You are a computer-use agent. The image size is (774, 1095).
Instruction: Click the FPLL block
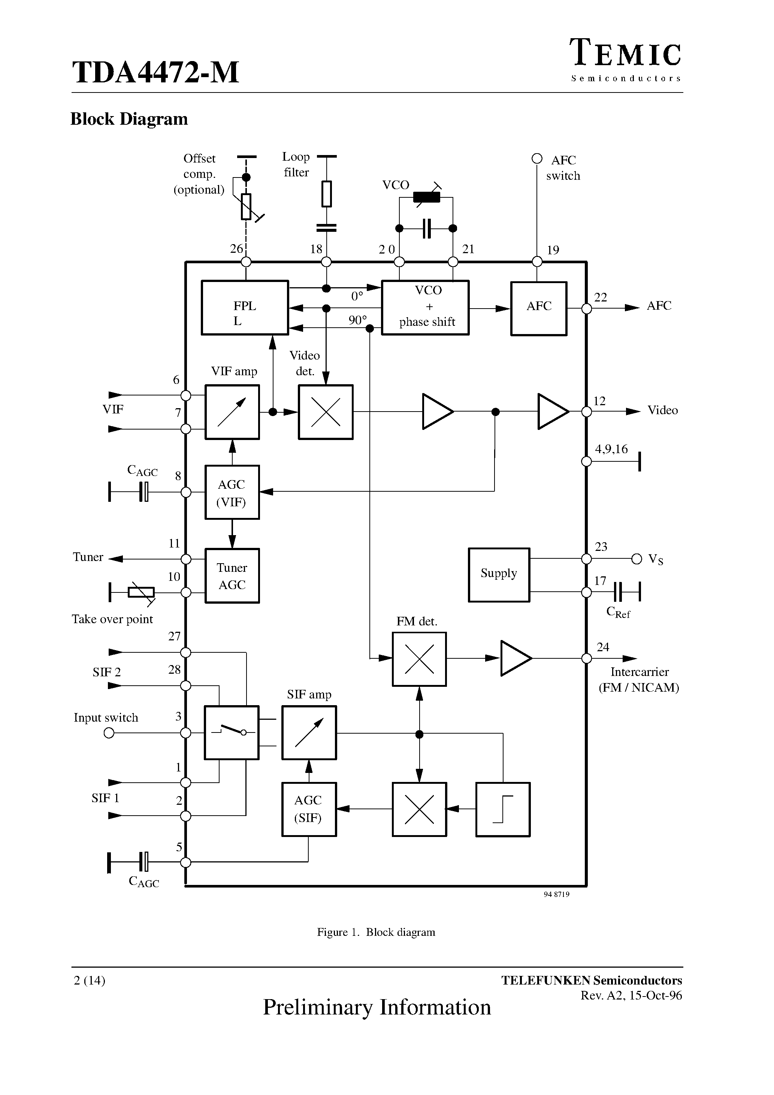pyautogui.click(x=245, y=307)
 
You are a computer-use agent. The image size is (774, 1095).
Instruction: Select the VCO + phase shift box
pyautogui.click(x=425, y=307)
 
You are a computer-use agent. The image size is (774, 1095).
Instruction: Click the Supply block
pyautogui.click(x=499, y=575)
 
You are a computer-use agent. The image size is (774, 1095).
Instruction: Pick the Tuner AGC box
pyautogui.click(x=232, y=576)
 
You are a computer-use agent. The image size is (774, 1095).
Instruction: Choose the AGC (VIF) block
pyautogui.click(x=232, y=492)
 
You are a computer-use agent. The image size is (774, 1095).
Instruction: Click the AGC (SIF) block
pyautogui.click(x=309, y=809)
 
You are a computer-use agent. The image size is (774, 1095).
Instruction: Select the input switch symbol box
pyautogui.click(x=232, y=732)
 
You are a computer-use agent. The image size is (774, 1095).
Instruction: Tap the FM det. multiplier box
pyautogui.click(x=419, y=659)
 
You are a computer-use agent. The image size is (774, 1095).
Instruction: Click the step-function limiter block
pyautogui.click(x=503, y=809)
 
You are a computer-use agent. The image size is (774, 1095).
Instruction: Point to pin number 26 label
pyautogui.click(x=236, y=249)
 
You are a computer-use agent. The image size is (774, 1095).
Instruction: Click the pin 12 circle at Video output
pyautogui.click(x=586, y=412)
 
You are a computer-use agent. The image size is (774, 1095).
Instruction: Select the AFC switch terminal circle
pyautogui.click(x=537, y=158)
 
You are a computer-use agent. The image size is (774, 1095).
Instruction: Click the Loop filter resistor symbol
pyautogui.click(x=326, y=194)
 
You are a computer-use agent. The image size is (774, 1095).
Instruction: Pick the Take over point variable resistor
pyautogui.click(x=141, y=593)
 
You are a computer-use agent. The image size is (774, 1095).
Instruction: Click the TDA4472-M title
pyautogui.click(x=155, y=73)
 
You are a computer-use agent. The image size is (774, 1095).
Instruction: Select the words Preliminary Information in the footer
pyautogui.click(x=377, y=1007)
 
